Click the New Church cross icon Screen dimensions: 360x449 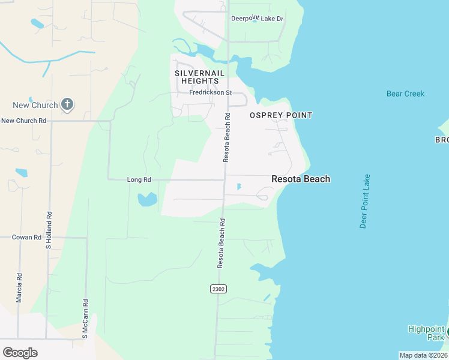click(67, 105)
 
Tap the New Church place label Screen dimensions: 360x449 click(35, 106)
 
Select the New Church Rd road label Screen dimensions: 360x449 click(24, 121)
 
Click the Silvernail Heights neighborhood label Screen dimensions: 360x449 click(199, 77)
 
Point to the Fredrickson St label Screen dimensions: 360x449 click(210, 92)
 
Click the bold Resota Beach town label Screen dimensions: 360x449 click(301, 179)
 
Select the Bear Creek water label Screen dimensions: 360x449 click(405, 94)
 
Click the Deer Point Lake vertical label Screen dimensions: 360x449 click(364, 202)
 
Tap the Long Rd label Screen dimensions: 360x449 click(139, 179)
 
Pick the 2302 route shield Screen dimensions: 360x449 click(218, 289)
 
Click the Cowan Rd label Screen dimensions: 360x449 click(26, 238)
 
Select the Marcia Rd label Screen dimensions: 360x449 click(19, 287)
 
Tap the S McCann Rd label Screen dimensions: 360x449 click(86, 319)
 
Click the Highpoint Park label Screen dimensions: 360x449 click(426, 333)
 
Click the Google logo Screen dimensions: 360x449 click(20, 352)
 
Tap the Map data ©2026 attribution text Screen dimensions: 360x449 click(423, 355)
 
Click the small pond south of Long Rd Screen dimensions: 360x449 click(147, 199)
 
